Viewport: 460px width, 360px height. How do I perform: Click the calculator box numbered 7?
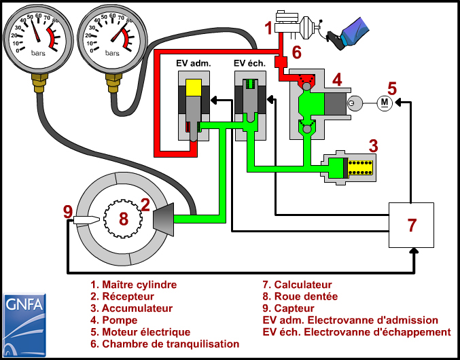[411, 225]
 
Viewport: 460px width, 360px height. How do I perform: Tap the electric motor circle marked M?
[384, 103]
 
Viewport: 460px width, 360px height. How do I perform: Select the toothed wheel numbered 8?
[122, 219]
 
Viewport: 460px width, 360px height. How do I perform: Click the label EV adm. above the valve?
[194, 63]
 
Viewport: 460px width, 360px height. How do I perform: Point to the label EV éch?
[251, 63]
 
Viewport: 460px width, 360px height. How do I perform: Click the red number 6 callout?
[296, 52]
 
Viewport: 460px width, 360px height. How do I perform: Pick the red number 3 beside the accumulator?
[373, 145]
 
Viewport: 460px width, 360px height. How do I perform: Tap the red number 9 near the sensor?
[67, 211]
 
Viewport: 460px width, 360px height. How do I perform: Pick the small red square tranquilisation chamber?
[279, 62]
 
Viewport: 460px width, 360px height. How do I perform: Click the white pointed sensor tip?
[86, 220]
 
